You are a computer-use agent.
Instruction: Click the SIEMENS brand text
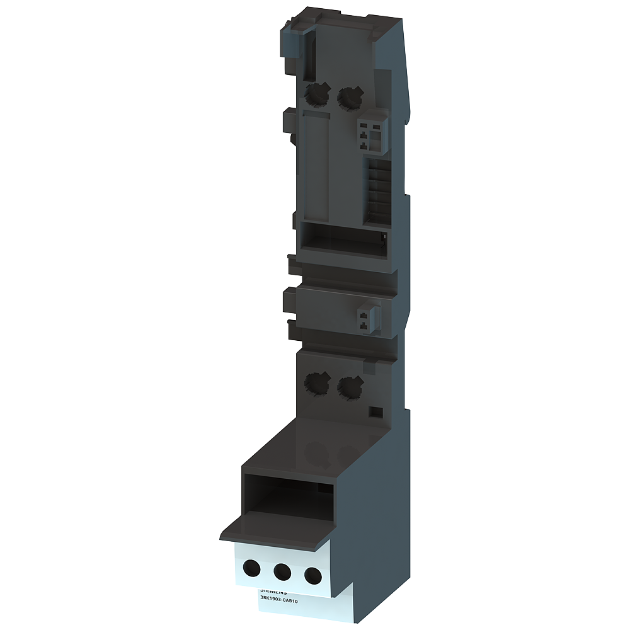point(273,592)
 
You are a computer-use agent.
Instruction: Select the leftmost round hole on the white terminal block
point(252,569)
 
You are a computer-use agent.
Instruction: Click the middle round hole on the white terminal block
point(282,572)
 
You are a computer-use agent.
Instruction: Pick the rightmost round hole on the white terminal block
point(312,575)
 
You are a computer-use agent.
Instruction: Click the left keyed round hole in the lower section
point(317,382)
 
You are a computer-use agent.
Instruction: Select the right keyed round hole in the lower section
point(349,386)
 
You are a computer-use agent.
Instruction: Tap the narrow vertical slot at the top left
point(311,55)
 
